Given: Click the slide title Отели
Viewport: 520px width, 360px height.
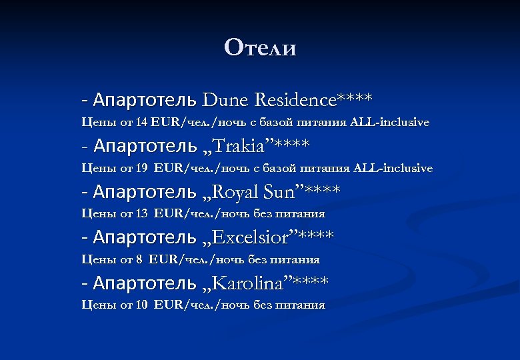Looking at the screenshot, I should click(x=260, y=48).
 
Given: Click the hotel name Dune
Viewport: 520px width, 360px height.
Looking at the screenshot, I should click(x=223, y=101).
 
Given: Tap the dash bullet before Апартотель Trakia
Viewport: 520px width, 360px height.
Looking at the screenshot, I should click(x=85, y=146).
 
